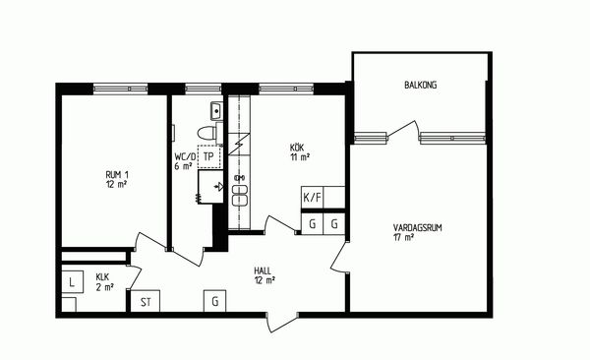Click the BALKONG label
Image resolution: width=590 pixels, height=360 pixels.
pyautogui.click(x=420, y=85)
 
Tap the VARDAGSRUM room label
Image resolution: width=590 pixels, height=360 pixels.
pyautogui.click(x=417, y=227)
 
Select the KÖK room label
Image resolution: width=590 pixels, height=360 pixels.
pyautogui.click(x=297, y=148)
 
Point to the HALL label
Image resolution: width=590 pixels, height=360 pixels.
pyautogui.click(x=263, y=270)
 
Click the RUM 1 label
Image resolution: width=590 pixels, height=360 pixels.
pyautogui.click(x=117, y=175)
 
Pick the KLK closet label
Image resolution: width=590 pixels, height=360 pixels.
pyautogui.click(x=102, y=277)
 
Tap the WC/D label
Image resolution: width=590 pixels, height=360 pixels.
pyautogui.click(x=185, y=156)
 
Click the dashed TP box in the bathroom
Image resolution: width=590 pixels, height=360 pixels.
pyautogui.click(x=208, y=156)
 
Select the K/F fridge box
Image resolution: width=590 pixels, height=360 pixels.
pyautogui.click(x=313, y=198)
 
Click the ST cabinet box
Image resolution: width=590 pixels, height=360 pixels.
pyautogui.click(x=146, y=301)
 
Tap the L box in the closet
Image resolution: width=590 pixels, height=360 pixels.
pyautogui.click(x=72, y=282)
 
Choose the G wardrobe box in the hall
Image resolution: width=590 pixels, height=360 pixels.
pyautogui.click(x=214, y=301)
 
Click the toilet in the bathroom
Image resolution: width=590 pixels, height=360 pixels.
pyautogui.click(x=209, y=134)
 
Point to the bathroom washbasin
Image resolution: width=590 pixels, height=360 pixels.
pyautogui.click(x=216, y=111)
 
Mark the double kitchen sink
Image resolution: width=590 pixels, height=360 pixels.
pyautogui.click(x=240, y=196)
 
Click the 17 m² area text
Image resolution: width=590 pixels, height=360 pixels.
pyautogui.click(x=404, y=237)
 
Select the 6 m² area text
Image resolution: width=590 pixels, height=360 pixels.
pyautogui.click(x=183, y=166)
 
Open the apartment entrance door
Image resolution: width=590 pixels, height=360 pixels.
pyautogui.click(x=282, y=322)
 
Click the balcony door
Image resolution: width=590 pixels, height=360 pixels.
pyautogui.click(x=403, y=129)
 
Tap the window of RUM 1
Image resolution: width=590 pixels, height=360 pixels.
pyautogui.click(x=120, y=89)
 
